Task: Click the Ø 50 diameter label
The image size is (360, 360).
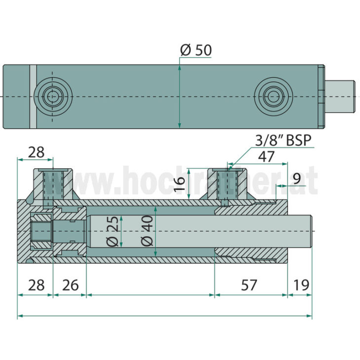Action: click(x=196, y=50)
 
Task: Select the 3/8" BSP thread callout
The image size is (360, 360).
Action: click(x=284, y=141)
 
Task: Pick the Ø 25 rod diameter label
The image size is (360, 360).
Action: click(x=112, y=231)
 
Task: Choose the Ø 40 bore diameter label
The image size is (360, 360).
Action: click(x=146, y=231)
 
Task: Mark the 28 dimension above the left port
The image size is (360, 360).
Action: click(x=36, y=152)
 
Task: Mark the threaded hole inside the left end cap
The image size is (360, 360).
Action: click(x=40, y=231)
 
